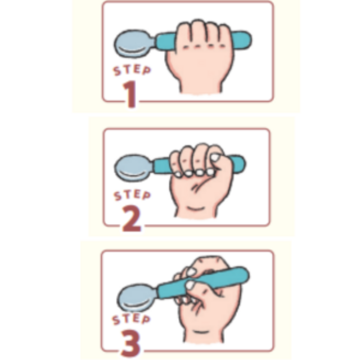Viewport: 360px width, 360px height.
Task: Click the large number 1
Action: pos(130,94)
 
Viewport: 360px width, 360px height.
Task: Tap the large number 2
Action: pos(131,218)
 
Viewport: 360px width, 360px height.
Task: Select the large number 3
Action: pos(130,343)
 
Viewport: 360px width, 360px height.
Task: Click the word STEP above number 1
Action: pos(132,70)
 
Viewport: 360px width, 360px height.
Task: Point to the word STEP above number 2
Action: pos(132,195)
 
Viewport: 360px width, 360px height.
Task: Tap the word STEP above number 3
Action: pos(131,319)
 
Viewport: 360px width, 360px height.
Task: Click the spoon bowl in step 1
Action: pos(134,44)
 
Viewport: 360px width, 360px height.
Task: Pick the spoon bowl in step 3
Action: pos(137,298)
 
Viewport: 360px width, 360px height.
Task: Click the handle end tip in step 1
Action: pos(251,40)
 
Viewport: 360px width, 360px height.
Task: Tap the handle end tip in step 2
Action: pos(245,164)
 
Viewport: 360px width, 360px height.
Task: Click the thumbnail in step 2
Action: pos(215,157)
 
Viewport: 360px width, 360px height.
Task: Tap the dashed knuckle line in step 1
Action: pos(204,47)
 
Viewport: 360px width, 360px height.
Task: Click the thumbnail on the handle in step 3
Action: pos(190,285)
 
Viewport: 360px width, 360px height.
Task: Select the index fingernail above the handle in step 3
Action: pos(191,272)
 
